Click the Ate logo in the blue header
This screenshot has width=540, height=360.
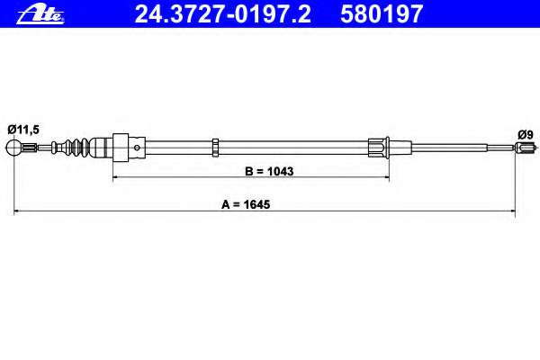pos(40,14)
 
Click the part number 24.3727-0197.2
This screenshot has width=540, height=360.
pos(223,14)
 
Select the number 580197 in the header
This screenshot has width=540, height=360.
pos(382,14)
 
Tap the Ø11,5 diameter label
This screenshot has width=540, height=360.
pos(23,130)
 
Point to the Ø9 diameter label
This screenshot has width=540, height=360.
pos(526,134)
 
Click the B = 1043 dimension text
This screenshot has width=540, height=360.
pos(269,171)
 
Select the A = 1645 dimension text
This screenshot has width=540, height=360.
pos(246,204)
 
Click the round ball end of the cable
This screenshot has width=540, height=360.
pos(13,148)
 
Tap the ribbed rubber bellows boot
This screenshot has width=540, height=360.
pos(78,148)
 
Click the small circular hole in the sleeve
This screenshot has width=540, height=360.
pos(137,148)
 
